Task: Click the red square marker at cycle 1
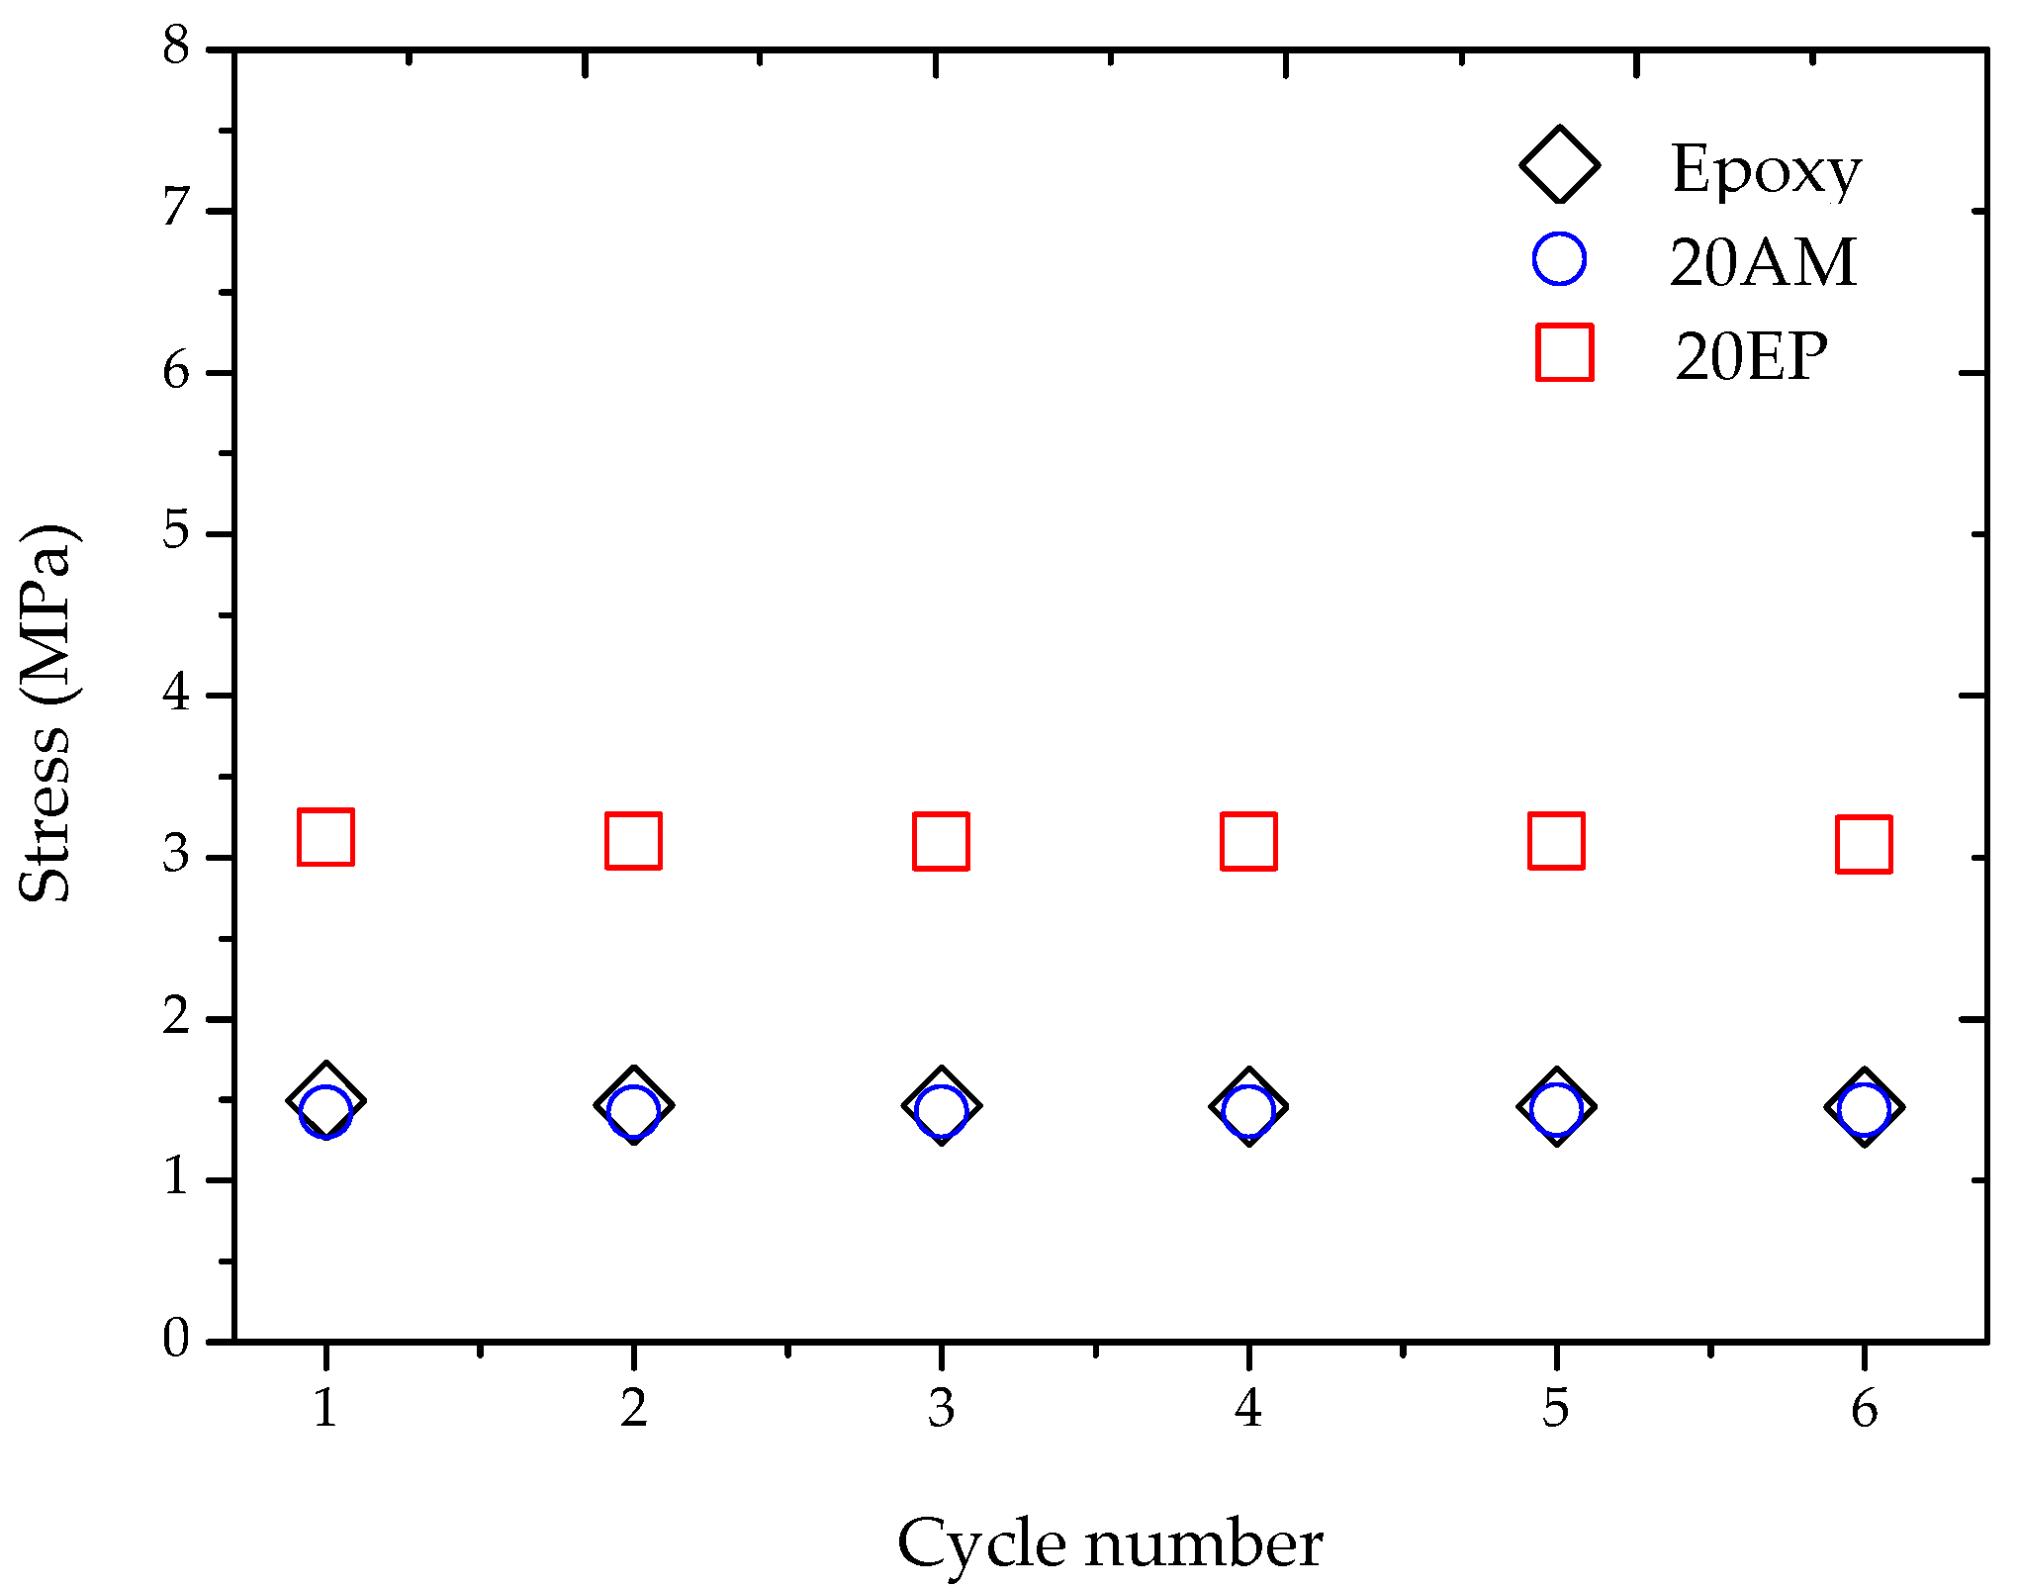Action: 325,836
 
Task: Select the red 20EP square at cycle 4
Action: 1248,841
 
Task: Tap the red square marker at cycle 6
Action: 1864,844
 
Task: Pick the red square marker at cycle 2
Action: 633,841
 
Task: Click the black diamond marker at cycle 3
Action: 941,1105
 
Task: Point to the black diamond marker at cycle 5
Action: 1556,1106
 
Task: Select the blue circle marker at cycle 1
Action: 325,1111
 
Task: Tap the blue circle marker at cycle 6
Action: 1864,1108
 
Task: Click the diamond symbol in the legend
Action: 1559,165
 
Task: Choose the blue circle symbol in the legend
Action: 1559,259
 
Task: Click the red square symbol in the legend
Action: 1564,352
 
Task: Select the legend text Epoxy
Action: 1766,170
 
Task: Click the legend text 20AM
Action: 1763,263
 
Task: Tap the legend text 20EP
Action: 1751,356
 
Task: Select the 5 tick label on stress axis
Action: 176,531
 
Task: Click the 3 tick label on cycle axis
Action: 941,1408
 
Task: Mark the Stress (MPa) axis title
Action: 46,712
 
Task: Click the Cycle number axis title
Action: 1110,1544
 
